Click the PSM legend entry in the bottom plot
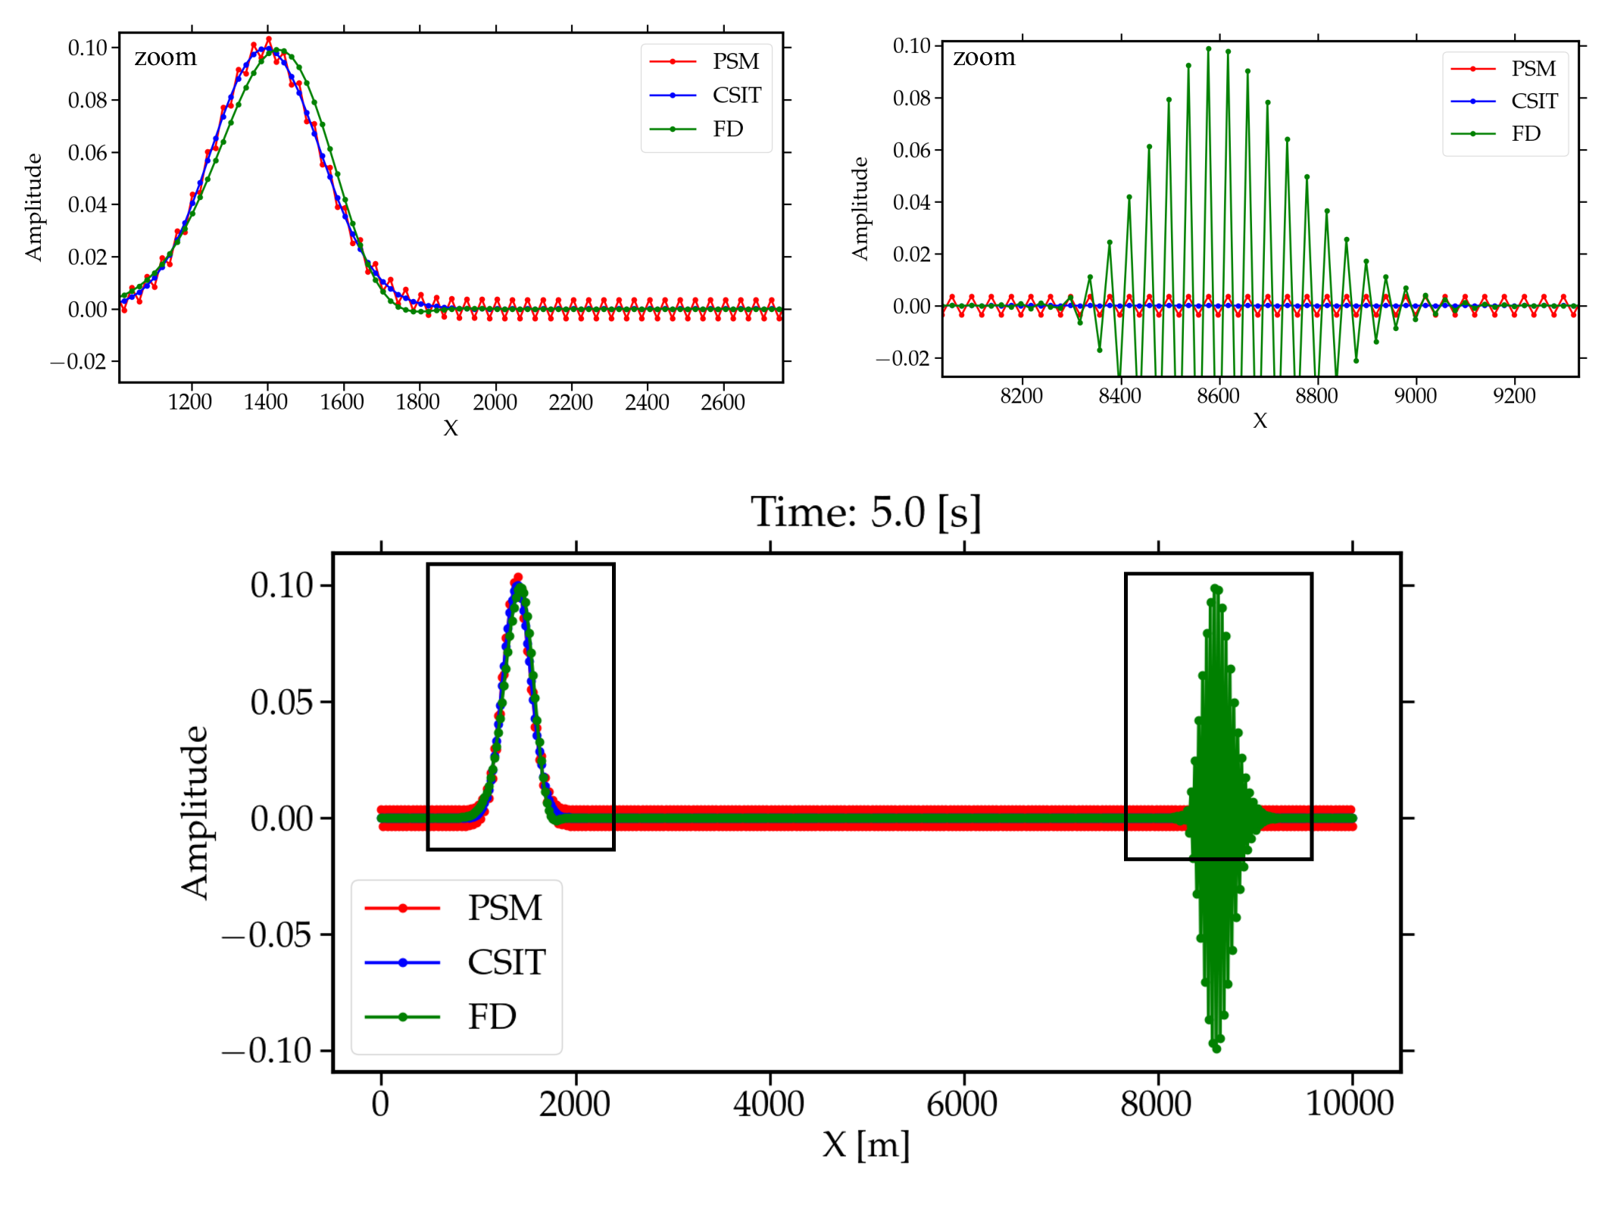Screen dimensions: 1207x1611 coord(504,907)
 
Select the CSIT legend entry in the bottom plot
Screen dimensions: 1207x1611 coord(506,962)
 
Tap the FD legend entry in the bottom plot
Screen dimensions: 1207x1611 coord(492,1017)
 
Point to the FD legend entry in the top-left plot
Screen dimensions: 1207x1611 coord(727,129)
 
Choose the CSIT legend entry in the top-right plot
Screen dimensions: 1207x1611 coord(1535,101)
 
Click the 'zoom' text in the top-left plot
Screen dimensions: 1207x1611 coord(165,57)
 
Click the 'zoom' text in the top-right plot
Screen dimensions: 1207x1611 coord(984,57)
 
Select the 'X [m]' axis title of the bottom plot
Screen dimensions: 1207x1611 coord(866,1144)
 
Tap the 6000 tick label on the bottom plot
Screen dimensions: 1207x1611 coord(962,1104)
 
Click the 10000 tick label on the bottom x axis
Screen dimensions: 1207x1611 coord(1350,1104)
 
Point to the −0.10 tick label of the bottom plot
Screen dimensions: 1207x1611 coord(267,1050)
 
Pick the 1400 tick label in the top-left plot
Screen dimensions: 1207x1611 coord(266,402)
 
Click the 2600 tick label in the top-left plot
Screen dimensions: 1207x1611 coord(723,402)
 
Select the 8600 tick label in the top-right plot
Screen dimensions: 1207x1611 coord(1219,395)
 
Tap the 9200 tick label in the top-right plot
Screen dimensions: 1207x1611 coord(1514,395)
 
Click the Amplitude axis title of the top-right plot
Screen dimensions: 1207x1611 coord(860,208)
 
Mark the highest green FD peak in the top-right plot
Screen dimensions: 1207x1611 coord(1209,48)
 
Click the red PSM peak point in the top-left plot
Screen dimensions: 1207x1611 coord(269,39)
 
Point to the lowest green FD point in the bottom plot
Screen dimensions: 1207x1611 coord(1216,1049)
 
